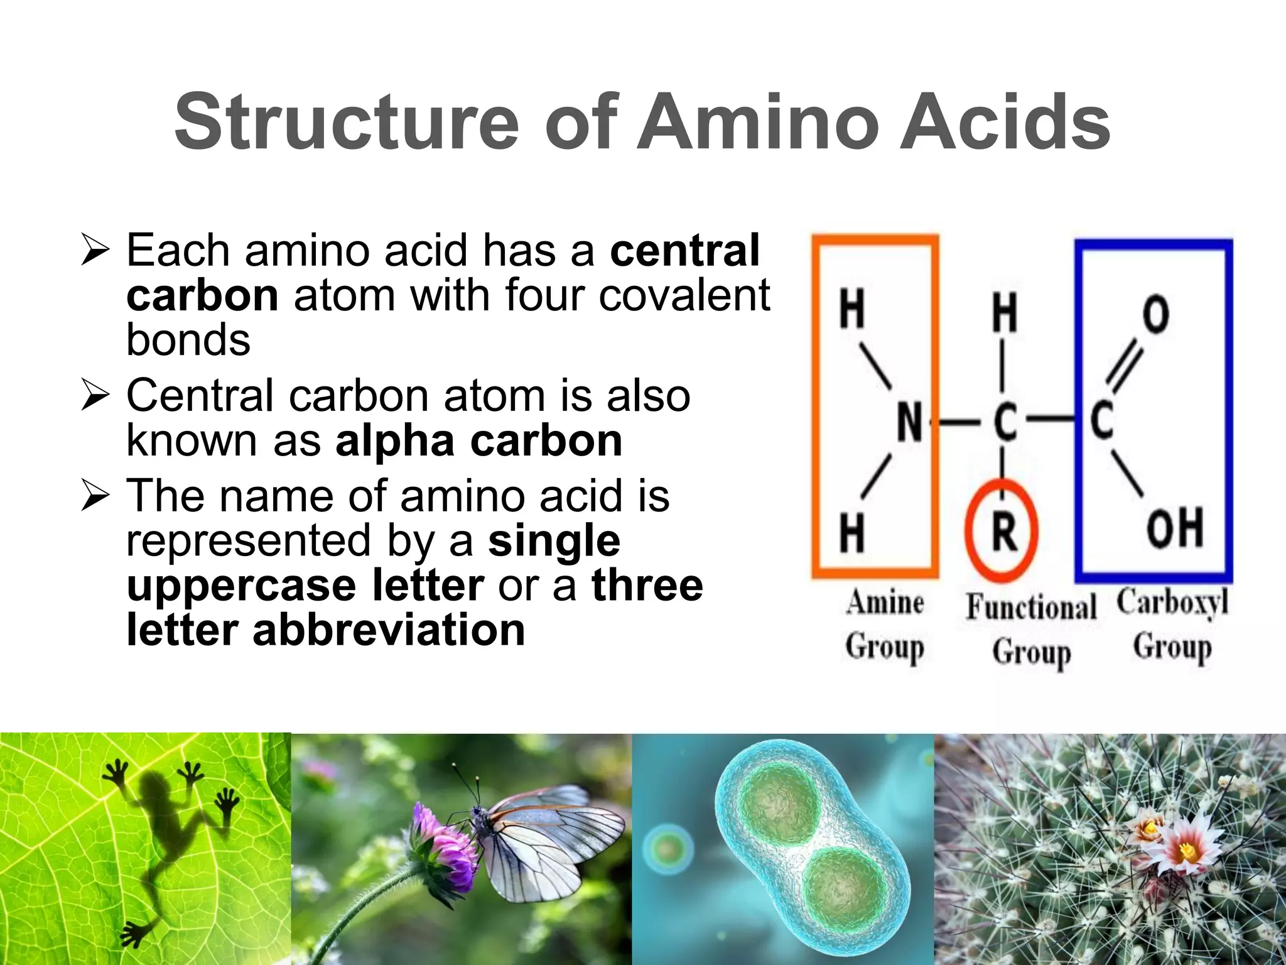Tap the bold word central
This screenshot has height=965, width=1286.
(684, 250)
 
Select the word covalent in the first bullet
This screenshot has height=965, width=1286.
(684, 295)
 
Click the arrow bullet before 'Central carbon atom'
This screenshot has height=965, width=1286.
(95, 396)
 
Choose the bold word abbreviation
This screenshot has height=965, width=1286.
(389, 630)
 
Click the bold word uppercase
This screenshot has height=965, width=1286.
(242, 586)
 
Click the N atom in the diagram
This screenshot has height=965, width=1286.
(909, 421)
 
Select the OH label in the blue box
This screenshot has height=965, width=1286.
(1174, 528)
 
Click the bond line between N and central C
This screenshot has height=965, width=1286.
(959, 422)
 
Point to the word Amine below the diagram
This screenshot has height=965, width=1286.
(885, 603)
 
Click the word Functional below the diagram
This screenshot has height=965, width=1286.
(1031, 607)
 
